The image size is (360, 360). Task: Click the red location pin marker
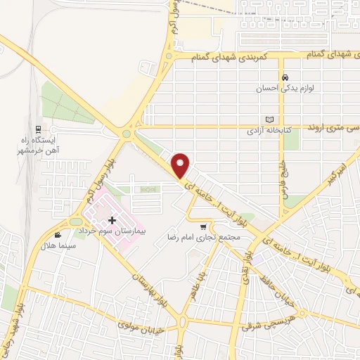[181, 165]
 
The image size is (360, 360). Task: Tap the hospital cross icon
[112, 221]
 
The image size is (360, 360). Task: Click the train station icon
[39, 129]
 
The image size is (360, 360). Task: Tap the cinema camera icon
[58, 235]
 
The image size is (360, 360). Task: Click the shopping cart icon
[204, 226]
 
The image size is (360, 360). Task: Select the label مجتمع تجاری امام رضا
[204, 238]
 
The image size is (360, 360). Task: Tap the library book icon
[268, 120]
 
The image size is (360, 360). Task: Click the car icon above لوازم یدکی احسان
[285, 78]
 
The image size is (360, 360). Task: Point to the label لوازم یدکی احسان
[285, 89]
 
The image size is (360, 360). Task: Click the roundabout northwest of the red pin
[127, 134]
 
